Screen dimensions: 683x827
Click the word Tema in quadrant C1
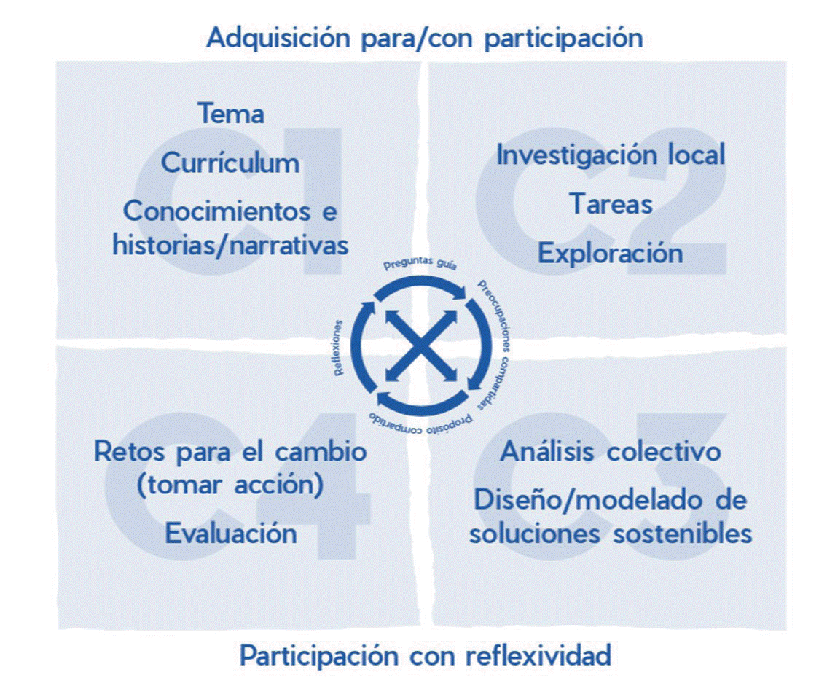click(230, 114)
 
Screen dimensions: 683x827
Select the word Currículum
click(230, 163)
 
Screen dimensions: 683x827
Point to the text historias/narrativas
click(230, 245)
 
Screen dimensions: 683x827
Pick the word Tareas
click(611, 204)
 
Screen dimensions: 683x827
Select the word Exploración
click(611, 253)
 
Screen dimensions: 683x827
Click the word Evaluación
click(230, 534)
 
